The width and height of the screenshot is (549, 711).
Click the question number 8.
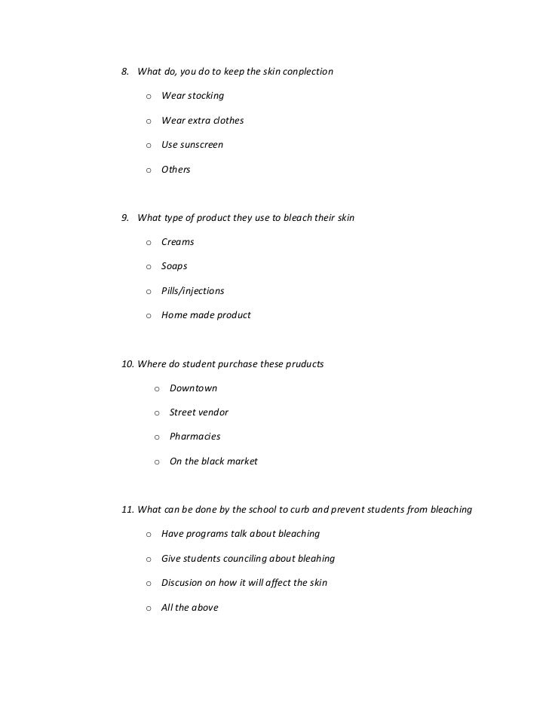point(125,72)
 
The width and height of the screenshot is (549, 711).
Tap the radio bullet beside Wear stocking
point(149,97)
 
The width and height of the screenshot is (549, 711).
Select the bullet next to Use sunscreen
point(149,146)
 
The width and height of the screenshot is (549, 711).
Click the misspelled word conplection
point(305,72)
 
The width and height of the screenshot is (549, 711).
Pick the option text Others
point(176,170)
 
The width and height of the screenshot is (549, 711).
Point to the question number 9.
point(125,218)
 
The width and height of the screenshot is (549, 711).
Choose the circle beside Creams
point(149,243)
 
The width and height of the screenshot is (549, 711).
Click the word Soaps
point(174,266)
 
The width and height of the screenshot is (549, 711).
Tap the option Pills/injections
point(192,291)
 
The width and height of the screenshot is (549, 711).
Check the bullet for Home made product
point(149,316)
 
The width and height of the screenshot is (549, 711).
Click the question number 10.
point(127,363)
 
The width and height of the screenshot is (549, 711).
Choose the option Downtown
point(193,388)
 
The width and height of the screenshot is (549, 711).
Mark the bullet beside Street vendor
point(157,413)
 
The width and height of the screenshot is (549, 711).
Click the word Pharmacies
point(195,437)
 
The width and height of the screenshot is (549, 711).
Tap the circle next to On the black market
point(157,461)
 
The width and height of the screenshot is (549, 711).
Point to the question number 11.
point(127,509)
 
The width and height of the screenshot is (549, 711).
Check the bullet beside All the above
point(149,608)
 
